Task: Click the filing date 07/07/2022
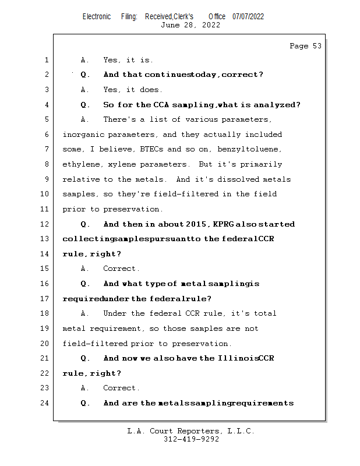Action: coord(248,16)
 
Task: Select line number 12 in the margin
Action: coord(45,224)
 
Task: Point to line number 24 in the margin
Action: coord(45,403)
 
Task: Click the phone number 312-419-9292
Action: coord(191,439)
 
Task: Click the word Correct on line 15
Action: coord(121,269)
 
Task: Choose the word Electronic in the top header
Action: coord(97,16)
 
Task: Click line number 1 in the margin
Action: coord(45,60)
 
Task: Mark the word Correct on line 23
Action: coord(121,388)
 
